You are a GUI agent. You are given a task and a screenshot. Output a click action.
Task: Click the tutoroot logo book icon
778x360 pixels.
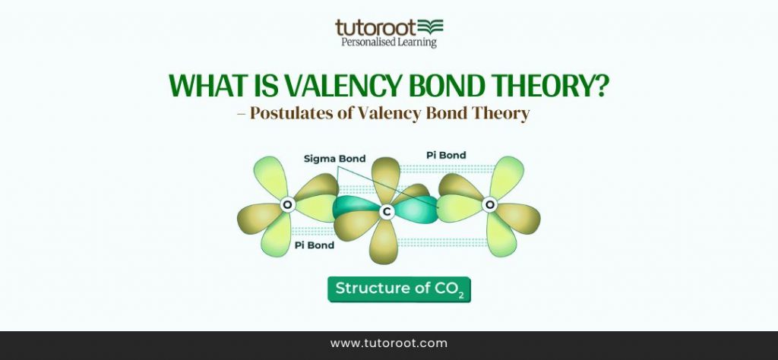431,27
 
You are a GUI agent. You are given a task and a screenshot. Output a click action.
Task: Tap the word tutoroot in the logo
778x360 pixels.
377,28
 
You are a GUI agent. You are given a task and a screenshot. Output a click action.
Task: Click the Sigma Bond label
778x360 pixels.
334,159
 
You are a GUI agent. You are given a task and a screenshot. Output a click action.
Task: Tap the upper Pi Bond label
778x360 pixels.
446,155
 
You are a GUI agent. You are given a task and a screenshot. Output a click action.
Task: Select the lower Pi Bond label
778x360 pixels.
314,245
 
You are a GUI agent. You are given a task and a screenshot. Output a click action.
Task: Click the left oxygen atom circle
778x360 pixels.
287,204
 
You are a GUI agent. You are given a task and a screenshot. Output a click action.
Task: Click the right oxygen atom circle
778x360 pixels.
490,204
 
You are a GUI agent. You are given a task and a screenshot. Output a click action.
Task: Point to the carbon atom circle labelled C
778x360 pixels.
386,213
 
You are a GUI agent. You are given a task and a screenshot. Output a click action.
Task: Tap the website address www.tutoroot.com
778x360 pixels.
389,343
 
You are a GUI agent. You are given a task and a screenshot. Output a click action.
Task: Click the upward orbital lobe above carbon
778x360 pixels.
386,178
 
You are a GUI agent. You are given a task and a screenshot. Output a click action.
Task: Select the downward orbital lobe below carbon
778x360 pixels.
384,245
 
